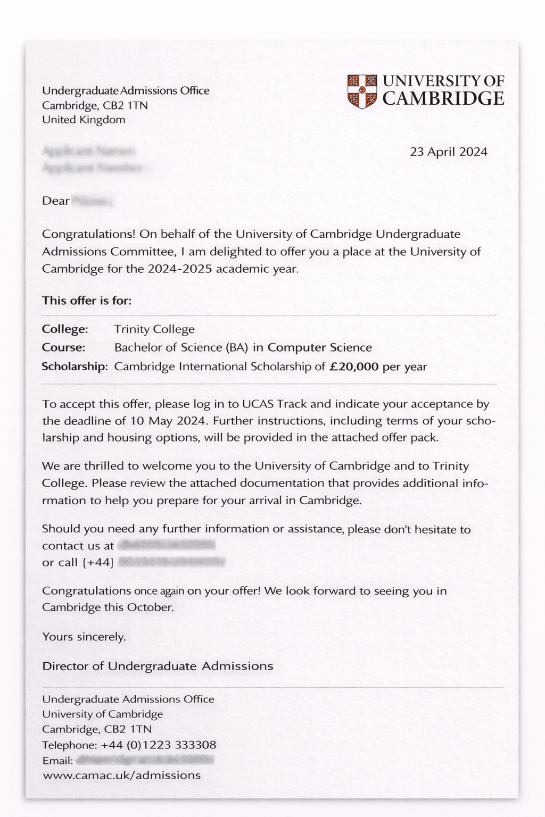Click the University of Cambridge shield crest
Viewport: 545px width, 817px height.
tap(362, 91)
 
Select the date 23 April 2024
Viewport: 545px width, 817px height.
tap(448, 152)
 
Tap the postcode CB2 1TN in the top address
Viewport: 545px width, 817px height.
tap(125, 105)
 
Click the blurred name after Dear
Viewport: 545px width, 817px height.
tap(92, 201)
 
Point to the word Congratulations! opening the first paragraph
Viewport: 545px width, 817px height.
tap(88, 235)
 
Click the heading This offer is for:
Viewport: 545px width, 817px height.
tap(87, 301)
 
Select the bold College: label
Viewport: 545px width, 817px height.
tap(65, 329)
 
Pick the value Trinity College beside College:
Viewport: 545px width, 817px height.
tap(154, 329)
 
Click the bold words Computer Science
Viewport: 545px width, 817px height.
tap(319, 348)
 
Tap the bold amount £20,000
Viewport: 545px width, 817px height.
tap(354, 366)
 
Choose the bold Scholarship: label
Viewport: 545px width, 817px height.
tap(75, 366)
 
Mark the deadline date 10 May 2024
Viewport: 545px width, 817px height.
tap(168, 421)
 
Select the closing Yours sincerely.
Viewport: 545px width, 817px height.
tap(84, 637)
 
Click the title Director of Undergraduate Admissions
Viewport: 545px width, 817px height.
tap(158, 666)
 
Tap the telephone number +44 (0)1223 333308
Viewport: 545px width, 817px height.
tap(158, 745)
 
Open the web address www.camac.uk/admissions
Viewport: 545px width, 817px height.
tap(121, 775)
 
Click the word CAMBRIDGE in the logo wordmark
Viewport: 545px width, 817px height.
tap(443, 99)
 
